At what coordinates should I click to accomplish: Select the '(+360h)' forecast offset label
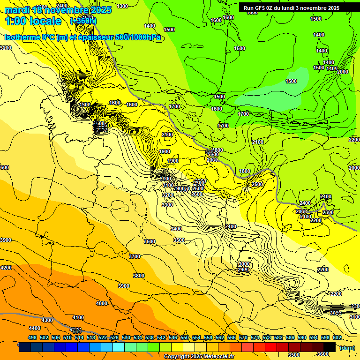click(x=83, y=21)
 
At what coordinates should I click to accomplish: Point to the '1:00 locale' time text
click(x=33, y=21)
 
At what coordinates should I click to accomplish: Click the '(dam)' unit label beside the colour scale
click(x=346, y=348)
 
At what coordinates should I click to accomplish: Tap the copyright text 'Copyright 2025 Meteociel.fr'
click(x=198, y=357)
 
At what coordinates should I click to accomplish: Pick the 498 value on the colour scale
click(x=32, y=337)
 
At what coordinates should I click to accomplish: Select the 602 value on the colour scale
click(x=337, y=337)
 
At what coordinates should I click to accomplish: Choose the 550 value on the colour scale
click(x=185, y=337)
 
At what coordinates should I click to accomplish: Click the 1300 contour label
click(x=122, y=6)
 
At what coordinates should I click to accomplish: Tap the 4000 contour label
click(x=102, y=303)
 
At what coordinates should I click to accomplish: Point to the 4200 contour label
click(x=6, y=268)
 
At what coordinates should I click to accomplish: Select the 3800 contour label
click(x=139, y=276)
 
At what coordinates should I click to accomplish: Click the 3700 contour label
click(x=135, y=256)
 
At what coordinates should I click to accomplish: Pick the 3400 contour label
click(x=177, y=229)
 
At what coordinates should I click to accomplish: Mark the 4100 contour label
click(x=78, y=317)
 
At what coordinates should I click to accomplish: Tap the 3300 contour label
click(x=167, y=205)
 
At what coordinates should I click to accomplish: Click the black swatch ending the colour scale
click(x=330, y=347)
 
